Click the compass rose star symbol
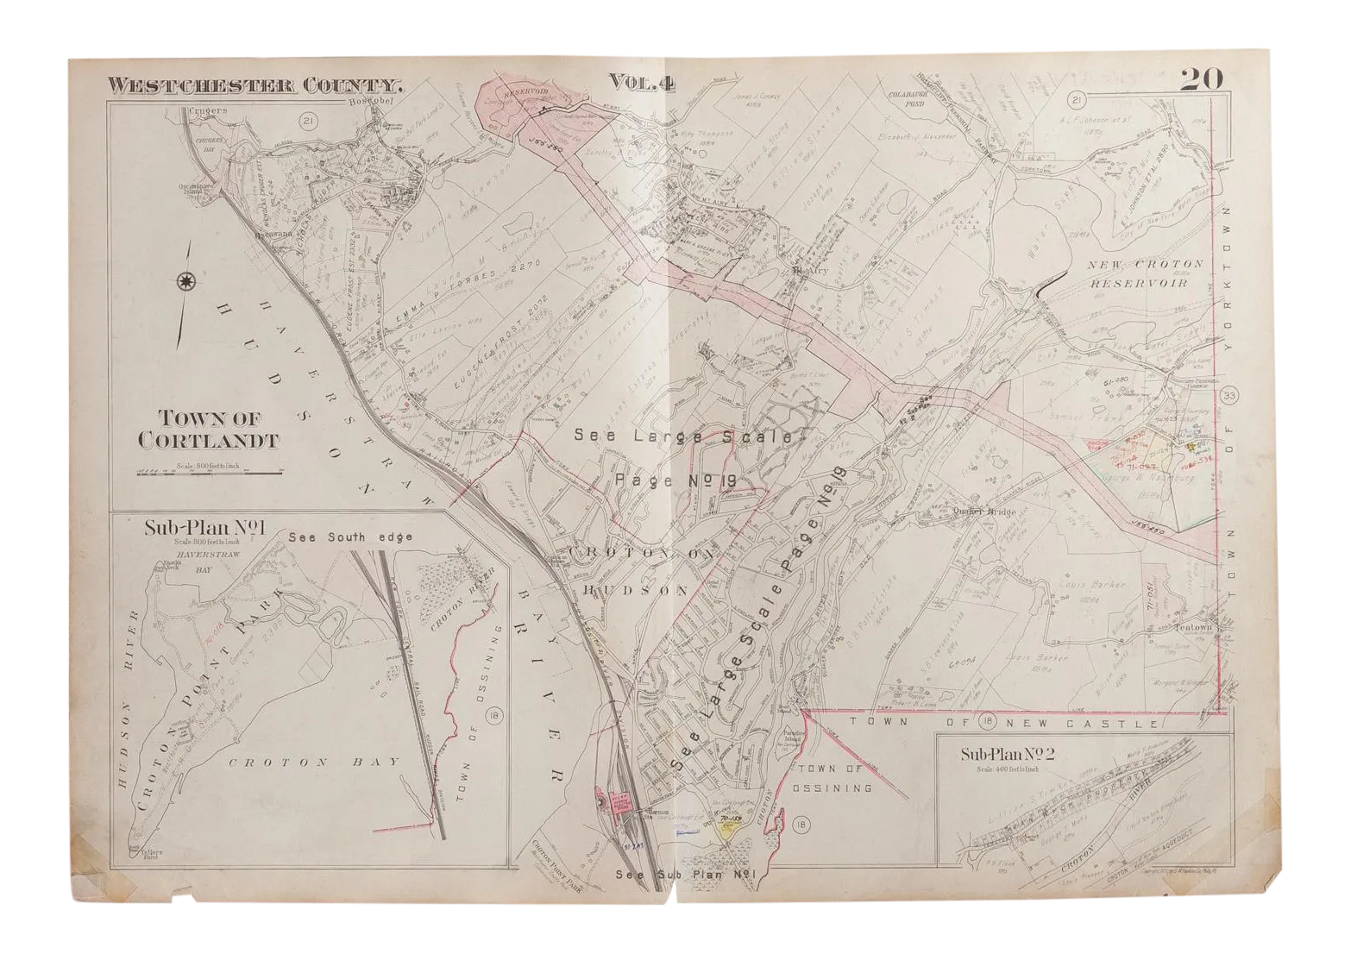point(185,281)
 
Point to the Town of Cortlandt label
point(208,430)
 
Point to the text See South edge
point(351,537)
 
